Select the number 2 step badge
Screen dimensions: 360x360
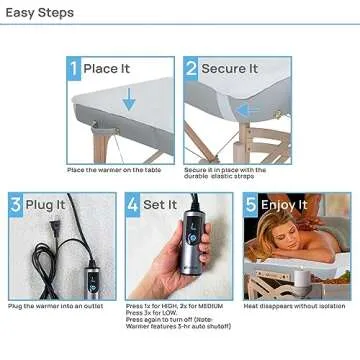pyautogui.click(x=191, y=69)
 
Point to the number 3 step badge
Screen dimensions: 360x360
pyautogui.click(x=15, y=207)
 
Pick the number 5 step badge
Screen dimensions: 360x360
pyautogui.click(x=251, y=207)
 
